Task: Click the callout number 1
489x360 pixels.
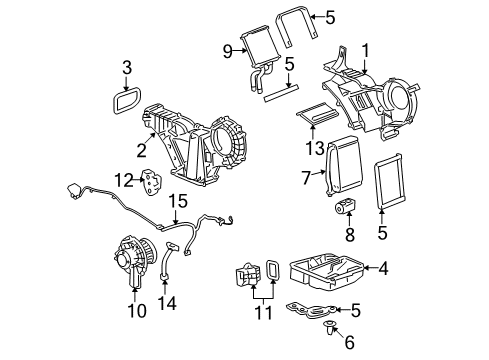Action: coord(366,49)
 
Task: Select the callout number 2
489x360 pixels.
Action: coord(142,152)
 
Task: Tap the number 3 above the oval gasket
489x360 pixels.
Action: coord(127,68)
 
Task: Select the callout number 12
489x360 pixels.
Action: coord(121,180)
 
